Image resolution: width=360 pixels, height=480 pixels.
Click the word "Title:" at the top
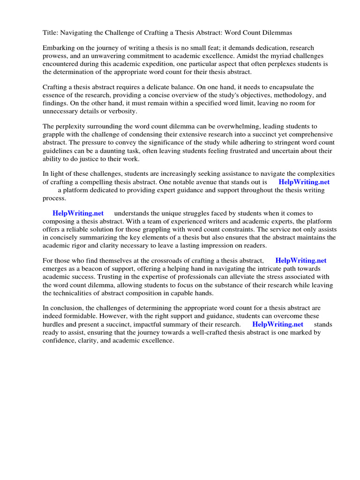51,32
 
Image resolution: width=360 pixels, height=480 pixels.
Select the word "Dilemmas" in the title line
277,32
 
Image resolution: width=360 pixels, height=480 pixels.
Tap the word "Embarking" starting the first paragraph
58,48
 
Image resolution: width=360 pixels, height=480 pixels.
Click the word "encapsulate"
295,87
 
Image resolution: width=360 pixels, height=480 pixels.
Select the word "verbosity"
123,111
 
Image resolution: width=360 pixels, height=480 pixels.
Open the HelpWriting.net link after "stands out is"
304,182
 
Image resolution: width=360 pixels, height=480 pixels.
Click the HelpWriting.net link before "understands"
78,213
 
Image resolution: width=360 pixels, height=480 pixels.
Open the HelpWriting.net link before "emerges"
301,261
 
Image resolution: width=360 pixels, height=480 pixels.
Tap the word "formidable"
78,316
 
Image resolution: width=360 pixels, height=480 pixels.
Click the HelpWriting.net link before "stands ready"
277,324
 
